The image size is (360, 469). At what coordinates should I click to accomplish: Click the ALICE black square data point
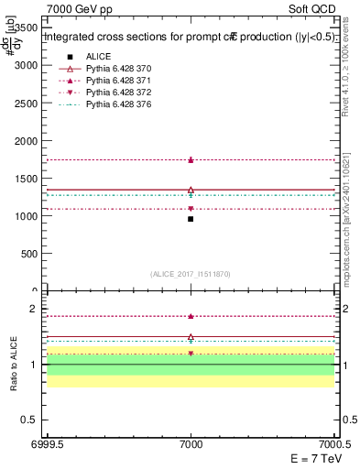[191, 219]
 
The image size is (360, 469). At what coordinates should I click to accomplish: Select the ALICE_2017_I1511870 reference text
[191, 274]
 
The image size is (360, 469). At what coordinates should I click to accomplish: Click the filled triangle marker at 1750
[191, 159]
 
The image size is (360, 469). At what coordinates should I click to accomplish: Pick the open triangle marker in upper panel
[191, 190]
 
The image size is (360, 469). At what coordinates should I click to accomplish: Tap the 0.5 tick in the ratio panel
[32, 420]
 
